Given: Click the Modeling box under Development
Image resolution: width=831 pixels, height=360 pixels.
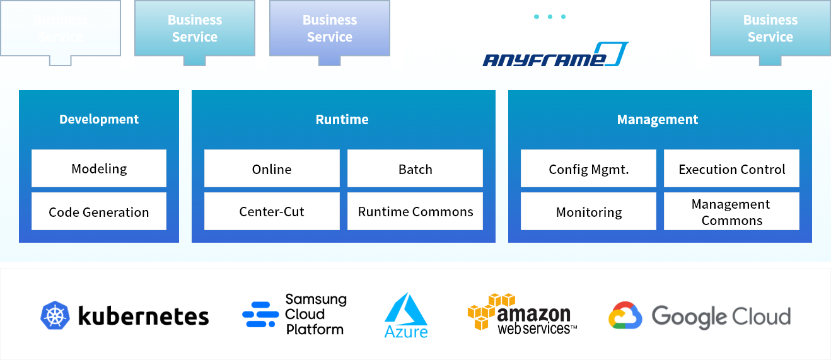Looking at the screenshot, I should [x=99, y=168].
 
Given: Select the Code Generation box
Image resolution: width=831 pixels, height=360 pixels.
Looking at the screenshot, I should [x=99, y=212].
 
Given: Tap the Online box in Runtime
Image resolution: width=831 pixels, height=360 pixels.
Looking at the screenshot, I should [x=272, y=168].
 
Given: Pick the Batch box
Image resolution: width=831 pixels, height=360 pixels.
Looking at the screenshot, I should [x=415, y=168].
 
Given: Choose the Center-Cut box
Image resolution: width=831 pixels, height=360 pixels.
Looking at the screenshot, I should [x=272, y=212].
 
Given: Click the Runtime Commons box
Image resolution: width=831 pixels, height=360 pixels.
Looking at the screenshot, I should [x=415, y=212].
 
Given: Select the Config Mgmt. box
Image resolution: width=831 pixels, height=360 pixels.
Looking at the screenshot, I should [x=588, y=168].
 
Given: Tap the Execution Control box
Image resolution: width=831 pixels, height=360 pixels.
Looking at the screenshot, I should [x=731, y=168].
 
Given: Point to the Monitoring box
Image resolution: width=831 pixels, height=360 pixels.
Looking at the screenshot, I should [x=588, y=212].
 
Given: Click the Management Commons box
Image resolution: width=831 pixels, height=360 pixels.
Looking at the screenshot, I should [x=731, y=212].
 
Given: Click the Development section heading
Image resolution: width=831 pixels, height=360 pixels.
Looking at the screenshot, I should [x=99, y=119].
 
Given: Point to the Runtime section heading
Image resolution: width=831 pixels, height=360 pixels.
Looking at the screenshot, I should [x=342, y=119].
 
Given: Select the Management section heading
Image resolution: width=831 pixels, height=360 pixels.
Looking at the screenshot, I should [x=658, y=119].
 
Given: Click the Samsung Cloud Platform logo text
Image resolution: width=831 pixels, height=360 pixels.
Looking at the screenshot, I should [x=315, y=314].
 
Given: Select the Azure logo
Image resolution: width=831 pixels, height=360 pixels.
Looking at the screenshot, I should [x=406, y=315].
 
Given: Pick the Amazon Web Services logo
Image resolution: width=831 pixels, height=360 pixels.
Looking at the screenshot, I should [x=522, y=314].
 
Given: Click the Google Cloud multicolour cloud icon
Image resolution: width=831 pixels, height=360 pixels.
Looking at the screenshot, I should [x=625, y=316].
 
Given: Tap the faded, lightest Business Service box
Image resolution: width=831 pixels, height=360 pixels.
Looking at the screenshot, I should [x=61, y=28].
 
